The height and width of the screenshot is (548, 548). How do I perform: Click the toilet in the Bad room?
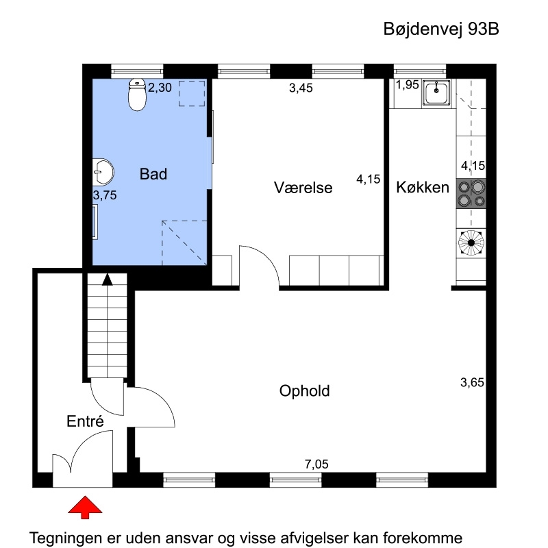coord(137,95)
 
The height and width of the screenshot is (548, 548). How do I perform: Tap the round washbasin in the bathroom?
coord(103,172)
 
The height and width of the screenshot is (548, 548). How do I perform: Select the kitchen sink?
coord(436,92)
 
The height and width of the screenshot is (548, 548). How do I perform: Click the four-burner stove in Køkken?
coord(471,194)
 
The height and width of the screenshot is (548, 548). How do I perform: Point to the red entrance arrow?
coord(85,507)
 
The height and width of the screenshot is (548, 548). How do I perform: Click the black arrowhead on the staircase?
coord(108,279)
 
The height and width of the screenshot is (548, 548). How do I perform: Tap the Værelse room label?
coord(303,188)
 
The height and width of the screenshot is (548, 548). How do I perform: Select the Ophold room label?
coord(304,390)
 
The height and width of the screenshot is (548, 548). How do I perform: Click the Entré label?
coord(85,421)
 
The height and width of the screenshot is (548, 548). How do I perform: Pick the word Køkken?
coord(423,187)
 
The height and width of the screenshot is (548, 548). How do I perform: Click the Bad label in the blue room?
coord(153,174)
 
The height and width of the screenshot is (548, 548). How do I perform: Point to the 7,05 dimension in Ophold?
coord(316,464)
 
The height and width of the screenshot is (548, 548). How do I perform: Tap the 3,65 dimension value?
coord(472,382)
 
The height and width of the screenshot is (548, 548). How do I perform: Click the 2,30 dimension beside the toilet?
coord(160,88)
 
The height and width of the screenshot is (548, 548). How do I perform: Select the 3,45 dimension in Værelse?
coord(301,88)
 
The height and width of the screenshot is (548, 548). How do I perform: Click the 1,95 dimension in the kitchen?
coord(408,84)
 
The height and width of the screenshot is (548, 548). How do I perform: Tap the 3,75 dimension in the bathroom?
coord(105,195)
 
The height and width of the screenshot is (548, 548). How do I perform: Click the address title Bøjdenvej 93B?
coord(441,29)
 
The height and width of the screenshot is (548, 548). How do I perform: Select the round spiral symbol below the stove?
coord(471,242)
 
